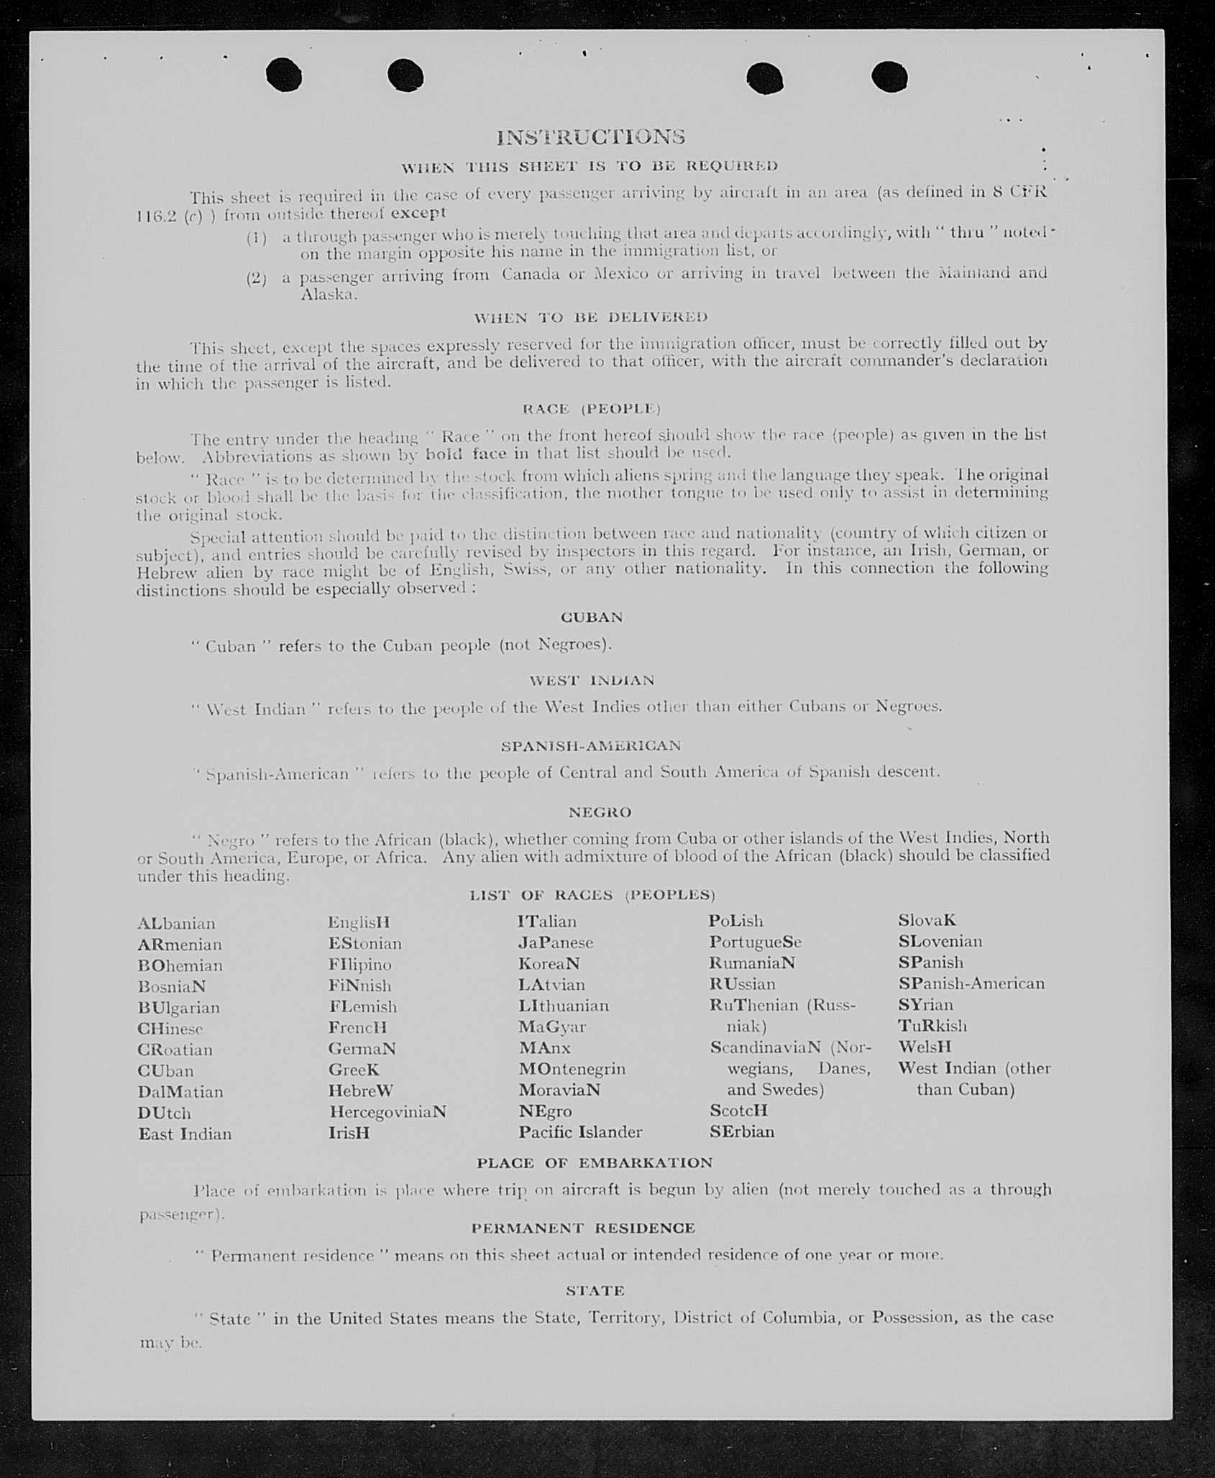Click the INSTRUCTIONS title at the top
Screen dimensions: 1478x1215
tap(590, 137)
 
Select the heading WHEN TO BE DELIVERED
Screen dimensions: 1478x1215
tap(590, 317)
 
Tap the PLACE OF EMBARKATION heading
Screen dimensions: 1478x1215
tap(595, 1162)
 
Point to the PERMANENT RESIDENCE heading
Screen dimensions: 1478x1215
tap(583, 1228)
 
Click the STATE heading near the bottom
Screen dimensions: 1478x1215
tap(595, 1290)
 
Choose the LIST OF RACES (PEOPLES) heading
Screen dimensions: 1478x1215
tap(592, 895)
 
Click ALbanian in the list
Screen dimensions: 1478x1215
tap(176, 924)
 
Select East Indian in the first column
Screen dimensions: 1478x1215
tap(185, 1134)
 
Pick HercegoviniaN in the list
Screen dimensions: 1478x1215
tap(388, 1112)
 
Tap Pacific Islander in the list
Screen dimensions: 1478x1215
tap(580, 1132)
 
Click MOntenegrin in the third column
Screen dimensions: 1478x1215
tap(572, 1069)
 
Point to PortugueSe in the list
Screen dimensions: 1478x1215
tap(755, 942)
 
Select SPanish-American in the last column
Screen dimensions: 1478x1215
tap(971, 983)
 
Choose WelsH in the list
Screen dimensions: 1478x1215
tap(925, 1047)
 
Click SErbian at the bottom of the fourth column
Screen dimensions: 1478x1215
tap(742, 1132)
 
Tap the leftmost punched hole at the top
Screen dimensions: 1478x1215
tap(283, 75)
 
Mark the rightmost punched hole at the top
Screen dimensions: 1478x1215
tap(889, 77)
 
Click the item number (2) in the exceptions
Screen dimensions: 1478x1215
tap(257, 278)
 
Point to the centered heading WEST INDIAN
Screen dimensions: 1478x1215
tap(592, 680)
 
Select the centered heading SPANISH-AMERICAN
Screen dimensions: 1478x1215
tap(591, 745)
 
